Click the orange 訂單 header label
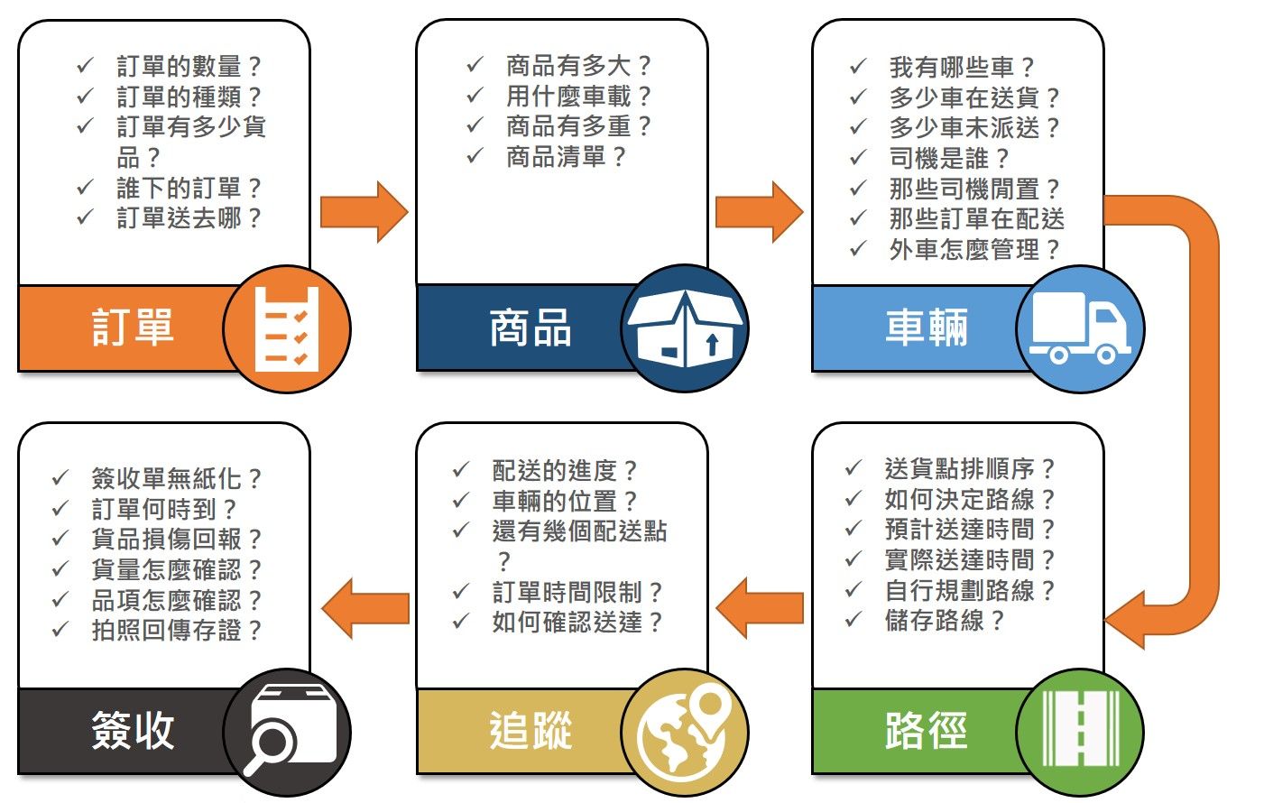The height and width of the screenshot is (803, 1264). click(x=133, y=328)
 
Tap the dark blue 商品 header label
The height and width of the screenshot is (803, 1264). click(x=530, y=328)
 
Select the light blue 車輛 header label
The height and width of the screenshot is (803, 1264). click(x=926, y=328)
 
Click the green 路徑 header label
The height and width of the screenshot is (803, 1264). click(x=926, y=731)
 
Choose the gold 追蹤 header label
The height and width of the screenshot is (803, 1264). click(x=530, y=731)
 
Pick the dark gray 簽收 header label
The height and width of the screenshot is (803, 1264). click(x=133, y=731)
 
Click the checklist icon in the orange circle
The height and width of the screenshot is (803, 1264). click(x=287, y=328)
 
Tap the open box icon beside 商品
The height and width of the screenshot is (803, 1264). click(x=685, y=328)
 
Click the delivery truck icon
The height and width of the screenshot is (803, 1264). click(x=1080, y=328)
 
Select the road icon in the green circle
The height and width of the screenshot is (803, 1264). click(x=1080, y=731)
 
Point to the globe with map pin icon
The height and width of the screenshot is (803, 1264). click(x=685, y=731)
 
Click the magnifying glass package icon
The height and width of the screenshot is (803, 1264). click(x=287, y=731)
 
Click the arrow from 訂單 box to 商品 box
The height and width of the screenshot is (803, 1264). click(x=364, y=212)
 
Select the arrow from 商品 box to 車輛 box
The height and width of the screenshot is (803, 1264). click(x=759, y=212)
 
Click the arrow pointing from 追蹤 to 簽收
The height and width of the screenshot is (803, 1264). click(x=364, y=608)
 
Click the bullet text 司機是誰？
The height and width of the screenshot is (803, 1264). click(x=949, y=159)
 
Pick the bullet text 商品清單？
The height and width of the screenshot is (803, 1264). click(x=566, y=157)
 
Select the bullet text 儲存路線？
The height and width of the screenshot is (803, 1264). click(x=944, y=621)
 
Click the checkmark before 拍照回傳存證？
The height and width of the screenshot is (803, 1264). click(x=60, y=630)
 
